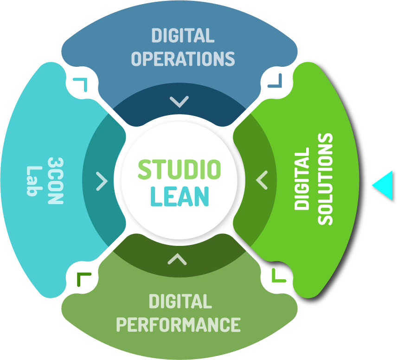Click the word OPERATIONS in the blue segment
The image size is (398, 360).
183,59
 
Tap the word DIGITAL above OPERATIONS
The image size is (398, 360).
183,36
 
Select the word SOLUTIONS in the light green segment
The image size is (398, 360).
326,180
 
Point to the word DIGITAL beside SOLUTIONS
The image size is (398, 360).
302,180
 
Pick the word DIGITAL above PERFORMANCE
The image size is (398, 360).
180,302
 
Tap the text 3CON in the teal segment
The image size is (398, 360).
56,180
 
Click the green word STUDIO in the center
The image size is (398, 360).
179,170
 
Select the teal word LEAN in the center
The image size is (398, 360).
179,196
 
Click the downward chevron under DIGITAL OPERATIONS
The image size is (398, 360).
179,102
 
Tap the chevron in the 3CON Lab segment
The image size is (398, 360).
102,181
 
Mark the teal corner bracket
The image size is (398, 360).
81,84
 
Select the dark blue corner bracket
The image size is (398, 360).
275,82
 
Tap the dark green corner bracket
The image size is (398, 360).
83,279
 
